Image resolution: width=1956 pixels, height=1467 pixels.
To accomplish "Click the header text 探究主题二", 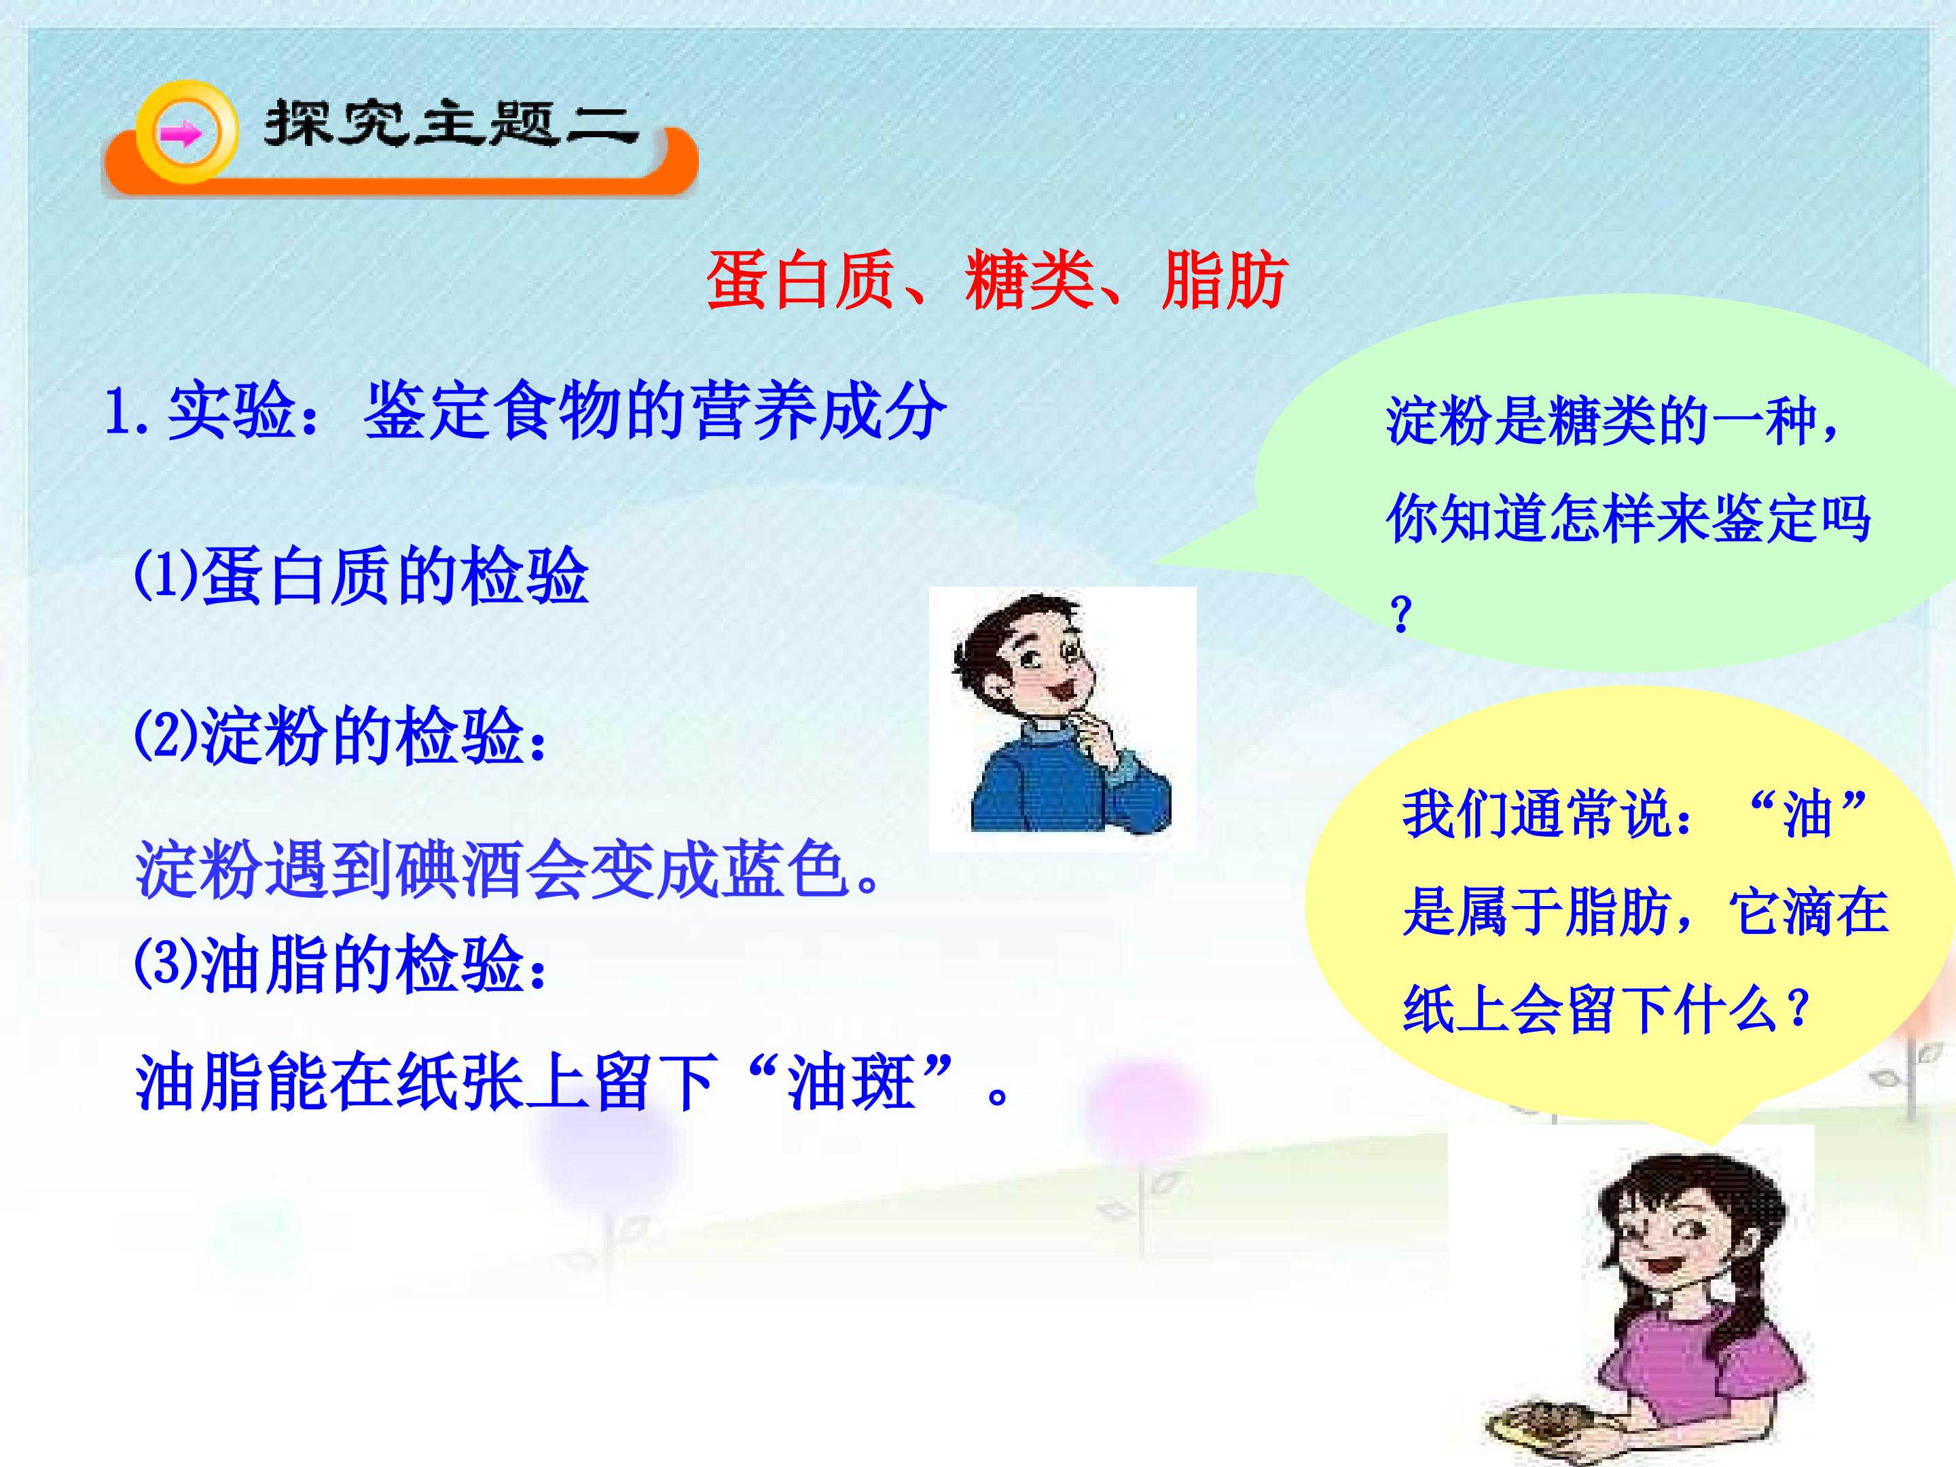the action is [x=451, y=124].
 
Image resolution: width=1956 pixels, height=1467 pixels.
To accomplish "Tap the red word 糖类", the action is [x=1028, y=281].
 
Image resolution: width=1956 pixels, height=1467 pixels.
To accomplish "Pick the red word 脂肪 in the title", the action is [x=1224, y=281].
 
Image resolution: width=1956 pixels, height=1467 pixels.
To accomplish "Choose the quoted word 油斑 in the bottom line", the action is [x=851, y=1083].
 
